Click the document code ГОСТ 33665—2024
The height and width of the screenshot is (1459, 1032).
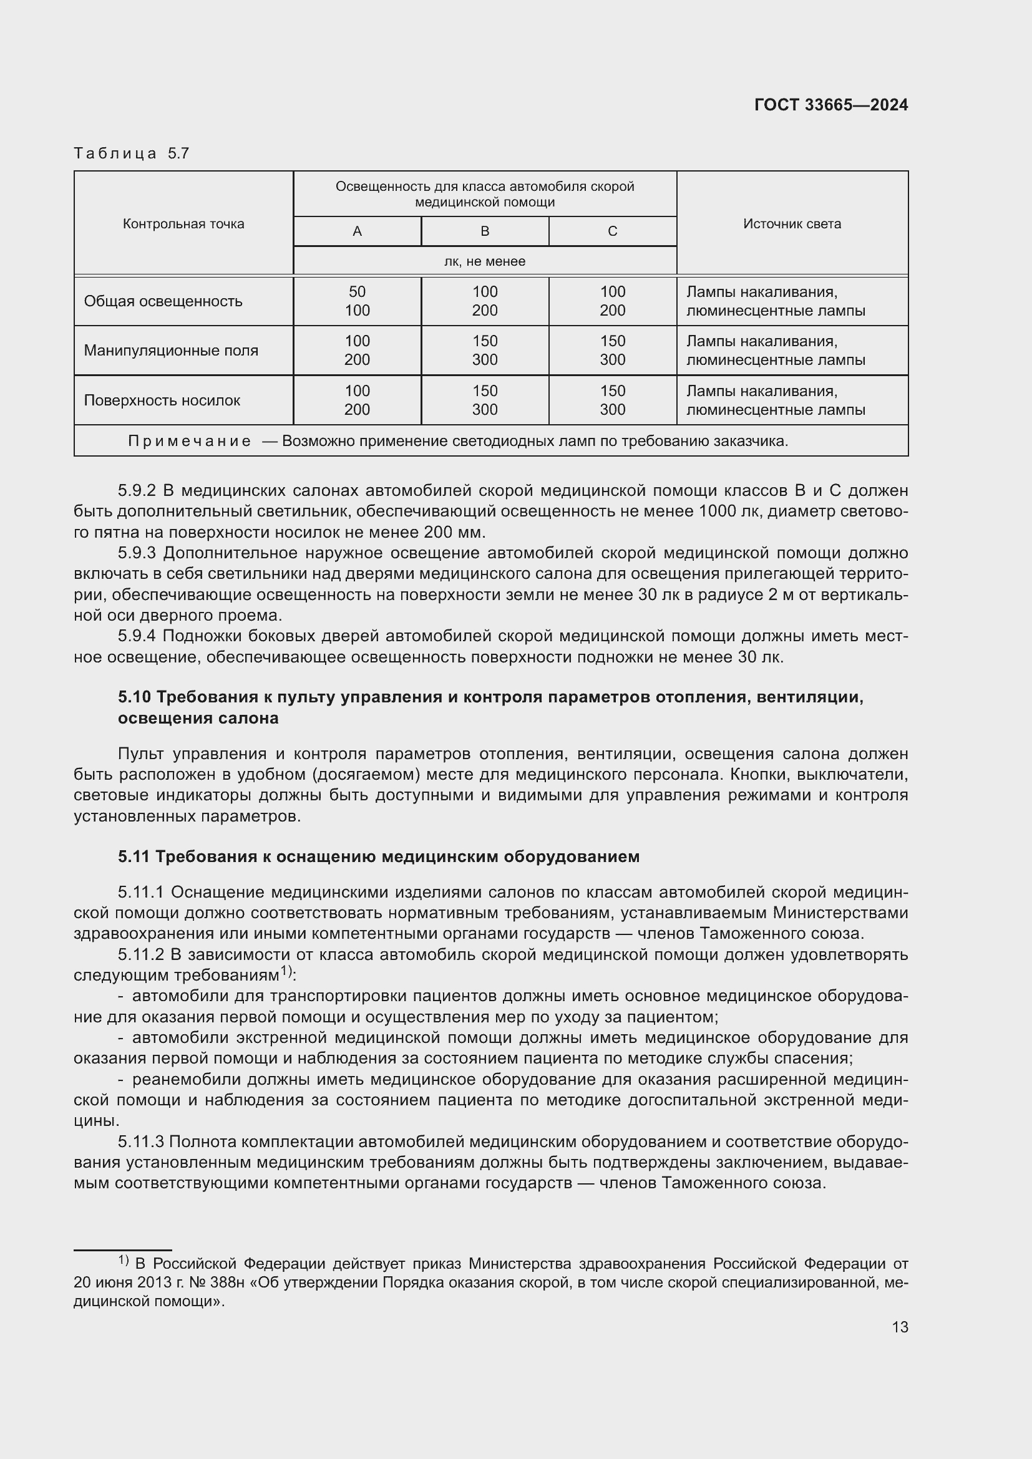click(x=830, y=105)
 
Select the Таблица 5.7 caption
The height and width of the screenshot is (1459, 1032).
click(x=132, y=153)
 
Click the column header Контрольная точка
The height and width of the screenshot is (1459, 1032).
click(x=183, y=224)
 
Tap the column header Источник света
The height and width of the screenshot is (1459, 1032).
click(x=792, y=224)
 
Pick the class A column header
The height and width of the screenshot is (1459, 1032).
click(x=357, y=231)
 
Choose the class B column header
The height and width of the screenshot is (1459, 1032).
click(x=485, y=231)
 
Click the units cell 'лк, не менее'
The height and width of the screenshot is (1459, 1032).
click(x=484, y=261)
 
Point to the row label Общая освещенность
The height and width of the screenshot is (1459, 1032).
click(x=163, y=301)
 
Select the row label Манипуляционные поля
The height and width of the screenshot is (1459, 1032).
click(x=171, y=350)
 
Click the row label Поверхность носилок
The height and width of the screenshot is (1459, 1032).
click(x=162, y=400)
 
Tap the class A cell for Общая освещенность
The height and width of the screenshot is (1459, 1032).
click(x=357, y=301)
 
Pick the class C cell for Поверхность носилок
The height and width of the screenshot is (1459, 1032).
click(x=613, y=400)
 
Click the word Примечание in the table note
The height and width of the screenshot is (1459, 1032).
click(x=190, y=441)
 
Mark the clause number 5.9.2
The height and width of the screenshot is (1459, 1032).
click(x=137, y=490)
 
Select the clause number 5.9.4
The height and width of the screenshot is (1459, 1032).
click(x=137, y=636)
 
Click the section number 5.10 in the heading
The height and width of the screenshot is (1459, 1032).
click(x=134, y=697)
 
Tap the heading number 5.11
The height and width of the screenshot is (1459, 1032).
click(x=134, y=856)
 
